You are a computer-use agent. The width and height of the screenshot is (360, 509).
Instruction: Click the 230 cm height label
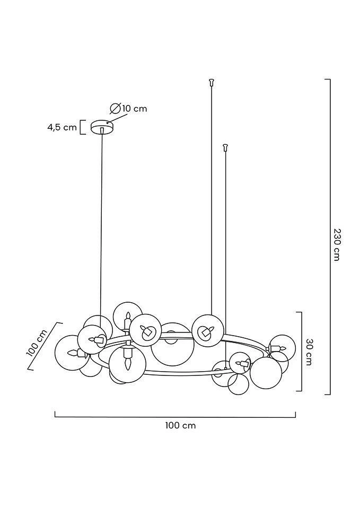(x=337, y=245)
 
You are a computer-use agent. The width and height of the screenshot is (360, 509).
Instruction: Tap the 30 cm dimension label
(x=309, y=352)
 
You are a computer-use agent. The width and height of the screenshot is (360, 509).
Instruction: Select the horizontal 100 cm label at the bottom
(x=180, y=425)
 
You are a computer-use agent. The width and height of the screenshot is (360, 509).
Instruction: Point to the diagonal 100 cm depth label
(x=38, y=343)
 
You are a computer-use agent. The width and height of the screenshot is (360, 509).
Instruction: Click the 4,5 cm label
(x=63, y=127)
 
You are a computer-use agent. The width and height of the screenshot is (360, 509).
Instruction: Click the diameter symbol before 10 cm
(x=115, y=108)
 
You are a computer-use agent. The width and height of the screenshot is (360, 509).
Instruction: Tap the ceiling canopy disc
(x=102, y=127)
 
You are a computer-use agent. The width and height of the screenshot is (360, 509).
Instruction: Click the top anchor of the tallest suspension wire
(x=212, y=82)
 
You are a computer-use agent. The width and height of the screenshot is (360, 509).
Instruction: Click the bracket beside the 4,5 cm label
(x=83, y=127)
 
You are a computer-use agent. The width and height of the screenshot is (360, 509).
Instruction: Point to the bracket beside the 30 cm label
(x=300, y=352)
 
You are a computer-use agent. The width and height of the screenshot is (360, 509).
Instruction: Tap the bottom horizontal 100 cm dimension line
(x=175, y=415)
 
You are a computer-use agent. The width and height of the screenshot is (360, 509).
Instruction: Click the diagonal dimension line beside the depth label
(x=44, y=346)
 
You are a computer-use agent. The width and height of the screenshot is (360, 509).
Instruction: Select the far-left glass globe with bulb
(x=71, y=353)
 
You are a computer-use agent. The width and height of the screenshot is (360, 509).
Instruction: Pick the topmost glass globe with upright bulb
(x=128, y=317)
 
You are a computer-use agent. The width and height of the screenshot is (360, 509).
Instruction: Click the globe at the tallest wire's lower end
(x=207, y=331)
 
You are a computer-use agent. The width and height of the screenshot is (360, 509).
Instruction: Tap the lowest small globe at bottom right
(x=238, y=384)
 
